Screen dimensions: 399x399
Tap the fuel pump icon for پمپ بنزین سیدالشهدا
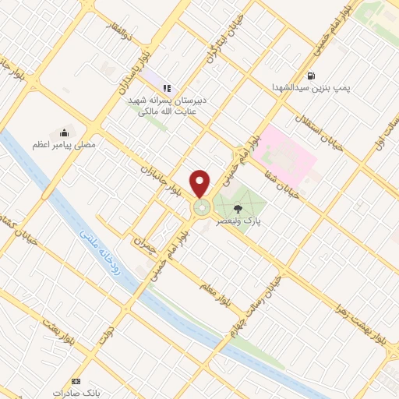(312, 76)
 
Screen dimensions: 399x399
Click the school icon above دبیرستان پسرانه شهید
(167, 88)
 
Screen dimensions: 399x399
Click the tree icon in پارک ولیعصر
(237, 208)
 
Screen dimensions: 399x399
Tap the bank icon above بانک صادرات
(76, 381)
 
